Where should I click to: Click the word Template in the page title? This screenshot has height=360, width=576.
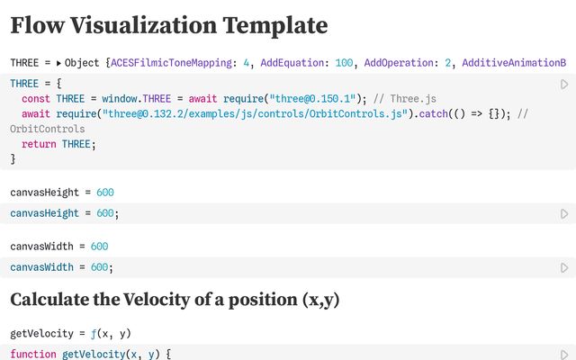(275, 25)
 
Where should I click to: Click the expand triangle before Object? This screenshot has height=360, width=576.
(59, 63)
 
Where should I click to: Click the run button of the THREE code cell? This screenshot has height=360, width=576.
(564, 84)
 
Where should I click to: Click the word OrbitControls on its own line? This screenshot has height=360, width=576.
(46, 129)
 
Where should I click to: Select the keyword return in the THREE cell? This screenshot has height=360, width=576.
(39, 144)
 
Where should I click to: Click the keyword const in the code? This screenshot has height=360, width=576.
(36, 98)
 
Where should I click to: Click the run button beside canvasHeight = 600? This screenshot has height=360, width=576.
(564, 214)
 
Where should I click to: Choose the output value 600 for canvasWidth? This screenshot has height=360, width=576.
(99, 246)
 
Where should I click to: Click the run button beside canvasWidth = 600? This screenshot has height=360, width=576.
(564, 267)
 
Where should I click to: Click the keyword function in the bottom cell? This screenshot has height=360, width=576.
(32, 355)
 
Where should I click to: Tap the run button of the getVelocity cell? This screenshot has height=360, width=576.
(564, 355)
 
